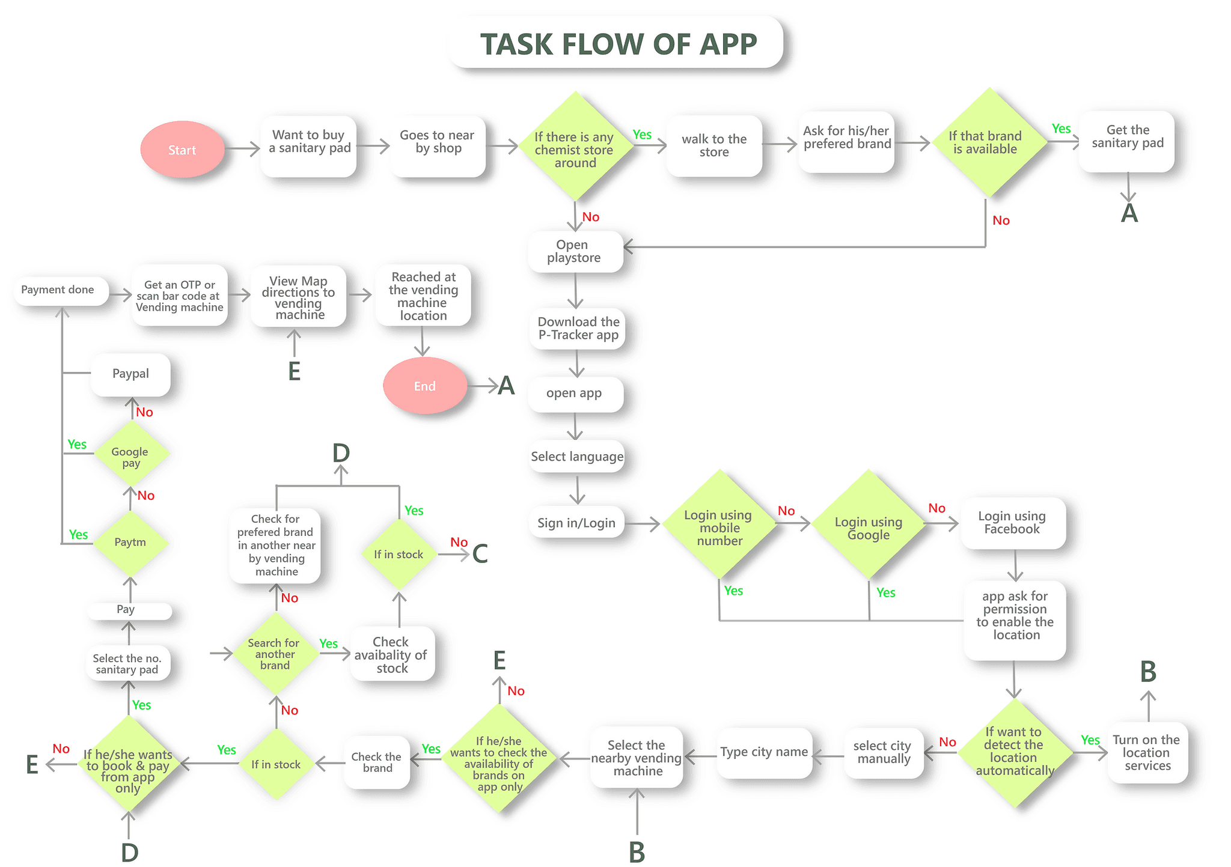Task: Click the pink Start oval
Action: click(182, 150)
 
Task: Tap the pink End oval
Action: click(424, 386)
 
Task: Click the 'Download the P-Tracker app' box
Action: click(578, 329)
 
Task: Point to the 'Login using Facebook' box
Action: click(1012, 523)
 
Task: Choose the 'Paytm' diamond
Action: click(130, 542)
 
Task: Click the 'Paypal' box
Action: click(130, 374)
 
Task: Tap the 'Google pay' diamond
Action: click(130, 457)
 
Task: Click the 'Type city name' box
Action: click(764, 752)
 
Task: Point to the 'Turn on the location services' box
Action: click(1147, 752)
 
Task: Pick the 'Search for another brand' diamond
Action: click(275, 654)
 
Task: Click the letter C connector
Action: click(480, 554)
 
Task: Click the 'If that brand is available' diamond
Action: click(988, 142)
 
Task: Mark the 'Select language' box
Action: click(577, 457)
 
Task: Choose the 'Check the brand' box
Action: click(377, 762)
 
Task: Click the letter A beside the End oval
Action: click(506, 386)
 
